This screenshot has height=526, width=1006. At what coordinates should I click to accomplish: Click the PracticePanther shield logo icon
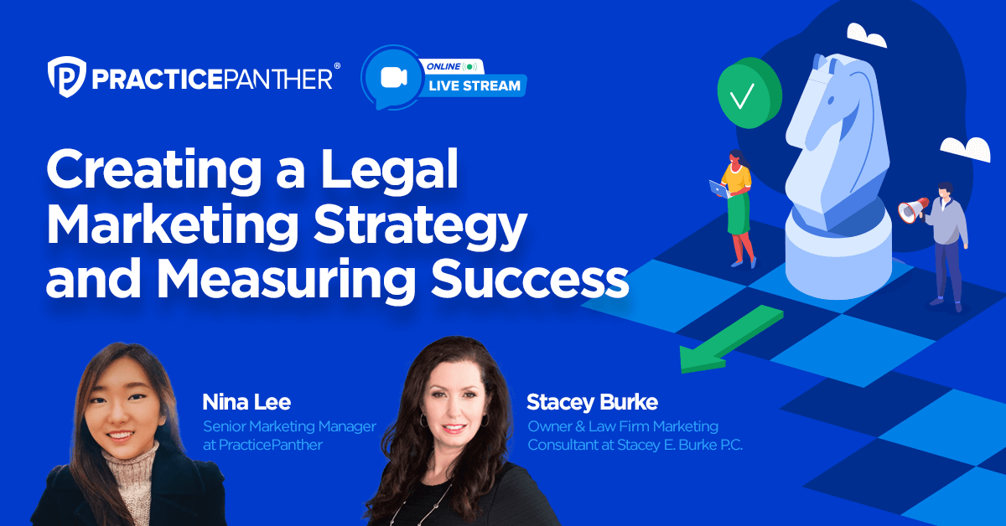65,78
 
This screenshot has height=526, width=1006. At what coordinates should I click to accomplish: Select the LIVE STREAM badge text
476,85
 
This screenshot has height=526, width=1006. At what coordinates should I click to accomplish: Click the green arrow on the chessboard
729,339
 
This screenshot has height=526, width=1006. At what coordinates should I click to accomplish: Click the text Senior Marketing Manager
289,426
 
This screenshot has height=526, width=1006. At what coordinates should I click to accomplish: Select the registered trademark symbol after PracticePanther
337,65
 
